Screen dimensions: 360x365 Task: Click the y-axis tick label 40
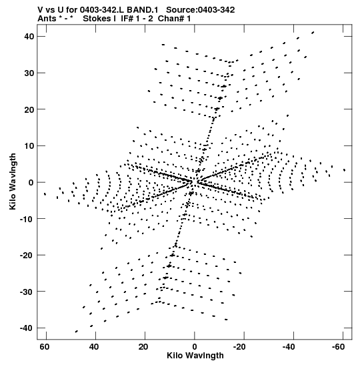[x=29, y=37]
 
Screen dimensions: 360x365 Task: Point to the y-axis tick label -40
[x=27, y=328]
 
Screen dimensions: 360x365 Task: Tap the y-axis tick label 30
[x=29, y=73]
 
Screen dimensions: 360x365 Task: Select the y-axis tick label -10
[x=27, y=219]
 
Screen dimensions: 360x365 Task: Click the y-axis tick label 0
[x=31, y=183]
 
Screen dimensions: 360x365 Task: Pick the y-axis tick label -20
[x=27, y=256]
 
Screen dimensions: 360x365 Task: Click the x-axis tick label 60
[x=45, y=347]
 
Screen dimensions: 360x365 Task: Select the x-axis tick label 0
[x=195, y=347]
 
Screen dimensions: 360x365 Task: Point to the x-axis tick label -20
[x=239, y=347]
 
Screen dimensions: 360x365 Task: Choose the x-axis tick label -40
[x=289, y=347]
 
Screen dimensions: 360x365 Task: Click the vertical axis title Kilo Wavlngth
[x=13, y=181]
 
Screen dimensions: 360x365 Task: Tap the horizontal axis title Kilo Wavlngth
[x=195, y=356]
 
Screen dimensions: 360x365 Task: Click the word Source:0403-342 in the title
[x=201, y=10]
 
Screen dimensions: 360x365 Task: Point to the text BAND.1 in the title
[x=143, y=10]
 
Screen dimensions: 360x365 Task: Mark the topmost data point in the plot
[x=313, y=32]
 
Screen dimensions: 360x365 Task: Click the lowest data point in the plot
[x=76, y=332]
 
